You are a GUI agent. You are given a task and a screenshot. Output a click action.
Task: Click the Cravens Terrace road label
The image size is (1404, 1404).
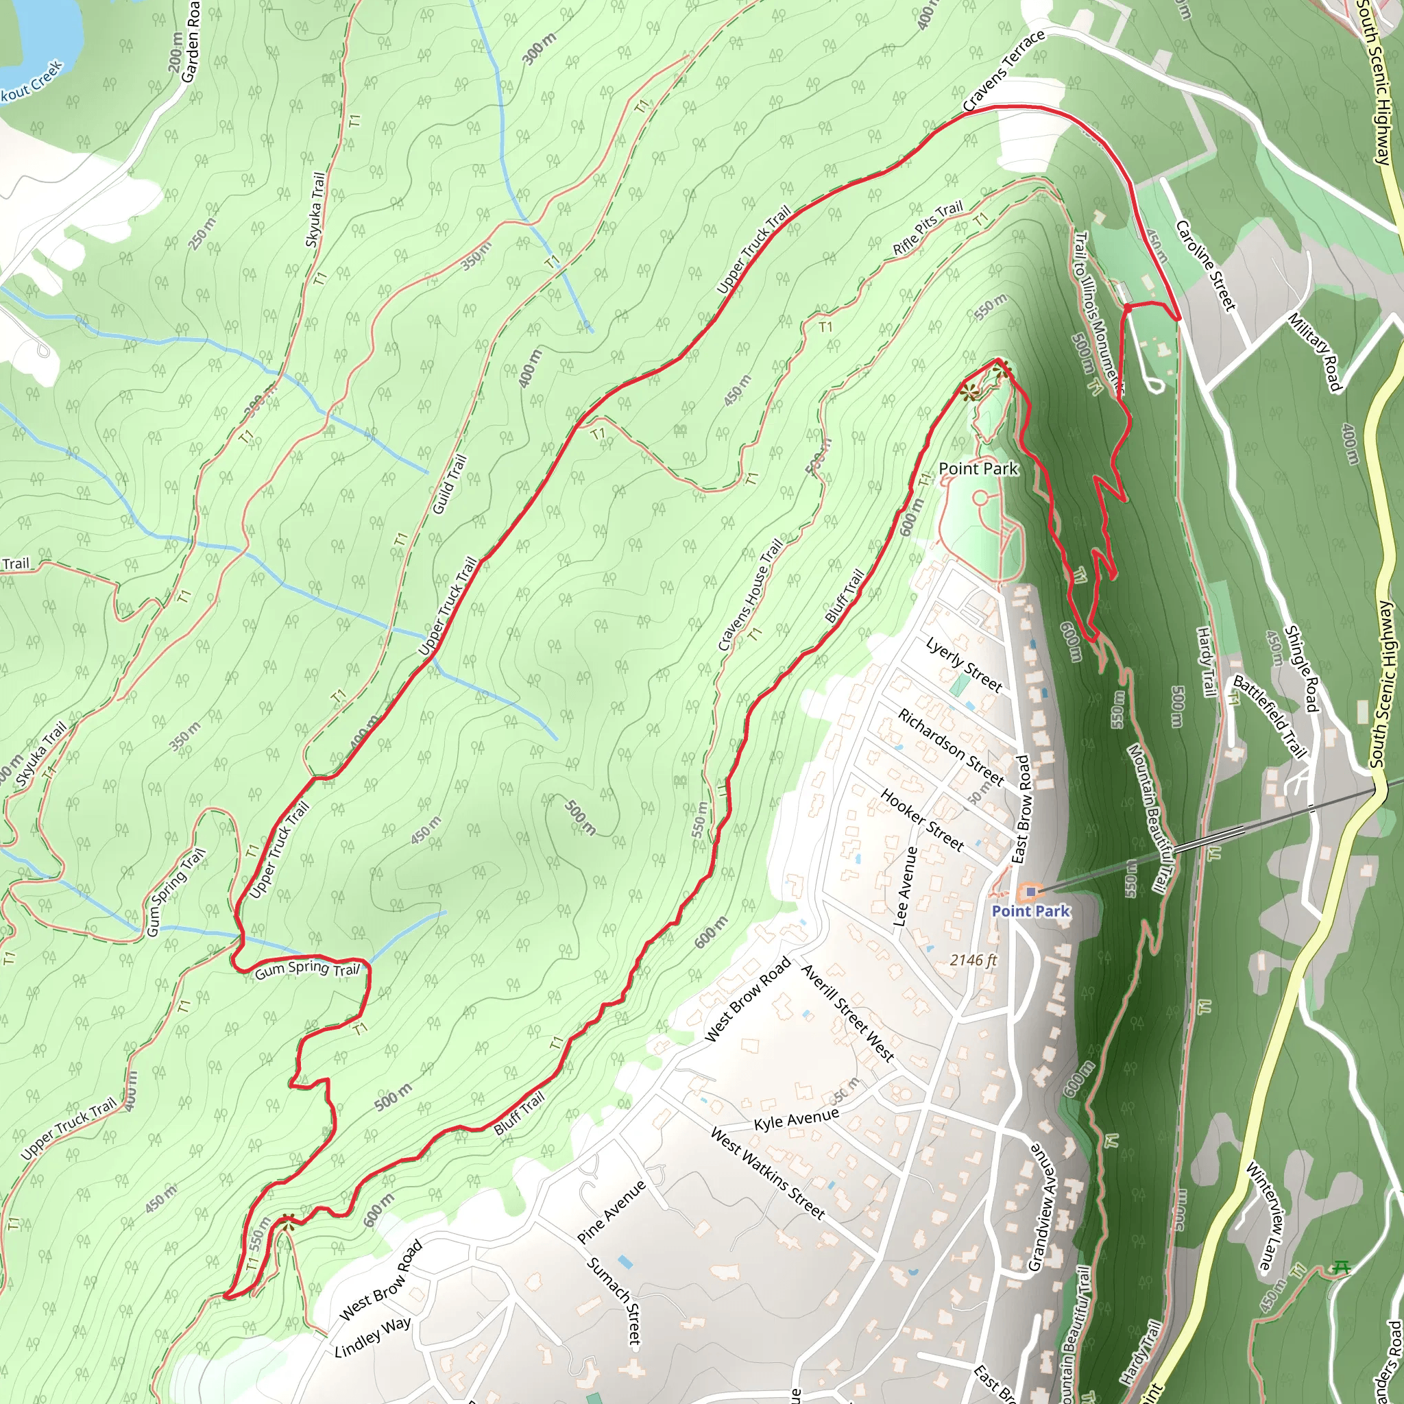click(1004, 71)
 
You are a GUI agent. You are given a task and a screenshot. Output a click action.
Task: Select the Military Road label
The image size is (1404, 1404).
click(1314, 352)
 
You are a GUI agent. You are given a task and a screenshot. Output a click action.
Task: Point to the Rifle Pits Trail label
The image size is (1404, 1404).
click(928, 228)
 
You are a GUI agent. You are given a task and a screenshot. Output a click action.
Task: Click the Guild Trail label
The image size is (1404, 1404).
click(449, 485)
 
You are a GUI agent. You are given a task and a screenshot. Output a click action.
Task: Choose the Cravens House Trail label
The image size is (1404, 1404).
click(751, 594)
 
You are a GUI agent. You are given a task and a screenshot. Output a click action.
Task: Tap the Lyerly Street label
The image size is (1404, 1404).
click(965, 664)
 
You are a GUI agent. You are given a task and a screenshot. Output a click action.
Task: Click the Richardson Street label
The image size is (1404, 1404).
click(951, 747)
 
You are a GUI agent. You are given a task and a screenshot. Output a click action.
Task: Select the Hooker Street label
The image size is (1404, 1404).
click(922, 820)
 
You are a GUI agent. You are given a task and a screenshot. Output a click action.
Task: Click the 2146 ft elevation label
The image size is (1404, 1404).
click(973, 960)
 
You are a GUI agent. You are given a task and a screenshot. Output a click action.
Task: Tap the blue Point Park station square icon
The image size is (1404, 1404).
click(1030, 891)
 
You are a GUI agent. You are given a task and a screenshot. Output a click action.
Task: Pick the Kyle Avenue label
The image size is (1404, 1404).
click(796, 1119)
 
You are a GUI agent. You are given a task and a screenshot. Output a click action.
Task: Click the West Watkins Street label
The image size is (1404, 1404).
click(767, 1173)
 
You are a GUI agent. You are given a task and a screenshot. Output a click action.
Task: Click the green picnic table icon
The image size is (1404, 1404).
click(1341, 1268)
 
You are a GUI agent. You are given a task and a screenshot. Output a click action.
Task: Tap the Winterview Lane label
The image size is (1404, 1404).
click(1268, 1217)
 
